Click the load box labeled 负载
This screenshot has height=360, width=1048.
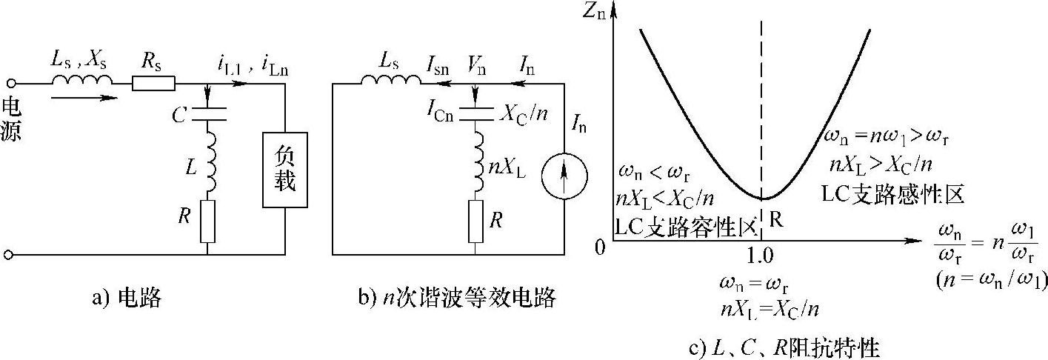[285, 169]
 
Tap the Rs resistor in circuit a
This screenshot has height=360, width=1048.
[154, 84]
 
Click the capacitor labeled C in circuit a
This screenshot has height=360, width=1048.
[207, 114]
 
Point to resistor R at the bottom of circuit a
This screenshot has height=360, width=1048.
[207, 221]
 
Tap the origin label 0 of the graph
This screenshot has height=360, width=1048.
[601, 247]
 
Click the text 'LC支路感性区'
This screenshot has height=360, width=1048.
[893, 193]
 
